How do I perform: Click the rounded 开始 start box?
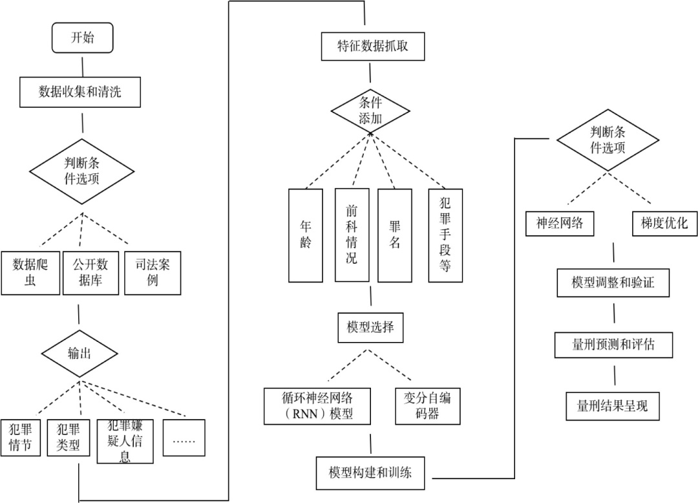(x=83, y=38)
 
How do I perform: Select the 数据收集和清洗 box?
(x=80, y=92)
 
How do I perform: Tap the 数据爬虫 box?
(x=30, y=272)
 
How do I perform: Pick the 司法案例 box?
(x=153, y=272)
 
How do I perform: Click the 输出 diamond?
(x=80, y=352)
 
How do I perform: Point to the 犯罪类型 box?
(x=69, y=437)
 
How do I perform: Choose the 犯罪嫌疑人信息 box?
(x=125, y=440)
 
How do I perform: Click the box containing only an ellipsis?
(x=184, y=437)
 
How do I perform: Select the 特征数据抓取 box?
(x=373, y=47)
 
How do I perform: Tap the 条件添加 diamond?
(x=370, y=110)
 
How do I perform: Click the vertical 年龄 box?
(x=306, y=235)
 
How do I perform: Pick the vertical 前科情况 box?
(x=352, y=235)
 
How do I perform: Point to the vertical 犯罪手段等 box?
(x=446, y=235)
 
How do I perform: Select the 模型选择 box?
(x=370, y=327)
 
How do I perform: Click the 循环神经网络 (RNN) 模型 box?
(x=319, y=405)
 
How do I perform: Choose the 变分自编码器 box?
(x=428, y=405)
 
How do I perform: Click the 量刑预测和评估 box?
(x=614, y=344)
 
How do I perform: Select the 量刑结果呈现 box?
(x=613, y=406)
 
